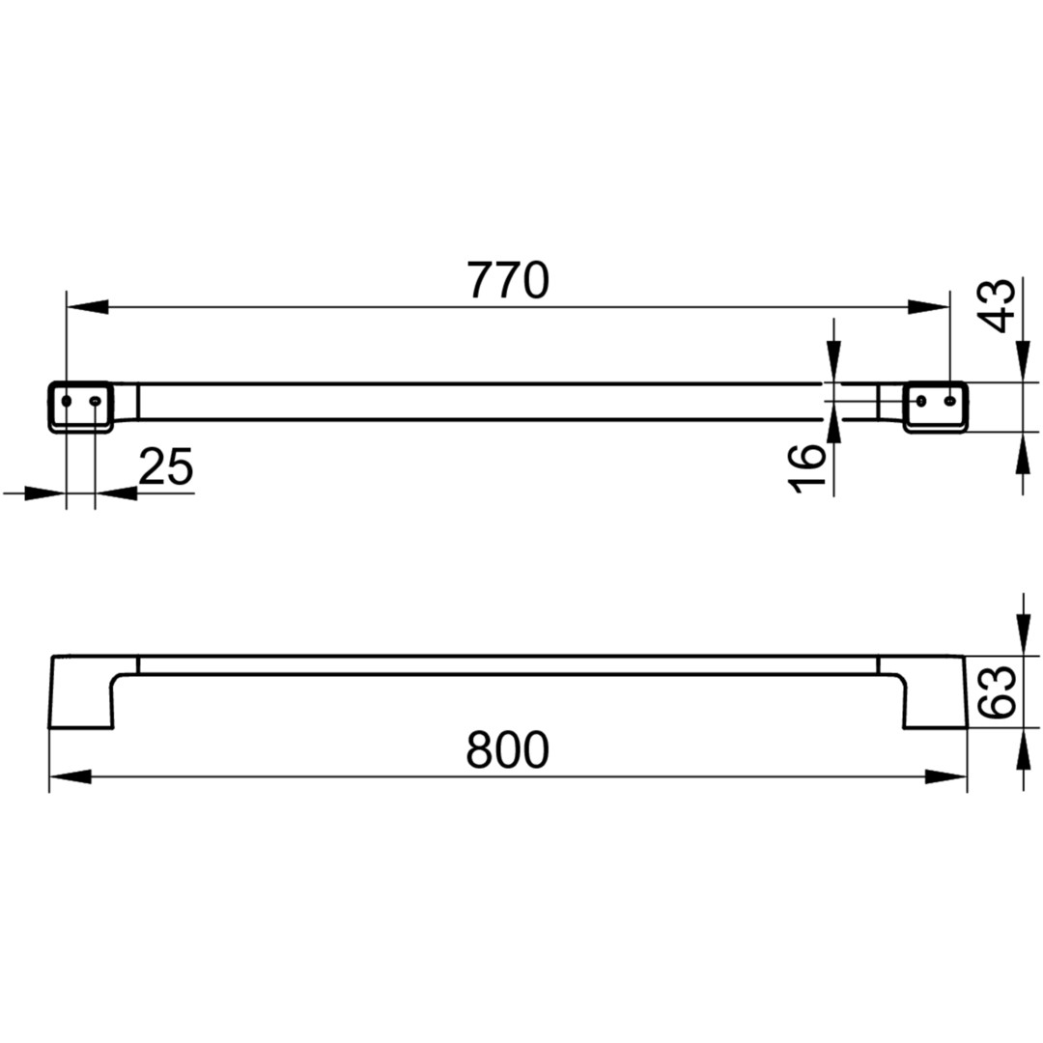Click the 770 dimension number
pos(508,281)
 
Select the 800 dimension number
pos(508,749)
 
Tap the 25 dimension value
pos(166,466)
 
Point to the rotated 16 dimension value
pos(806,469)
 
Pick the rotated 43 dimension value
pos(998,306)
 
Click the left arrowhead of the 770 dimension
pos(87,307)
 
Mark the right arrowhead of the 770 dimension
pos(929,307)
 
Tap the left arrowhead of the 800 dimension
pos(70,776)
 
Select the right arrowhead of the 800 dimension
pos(945,776)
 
